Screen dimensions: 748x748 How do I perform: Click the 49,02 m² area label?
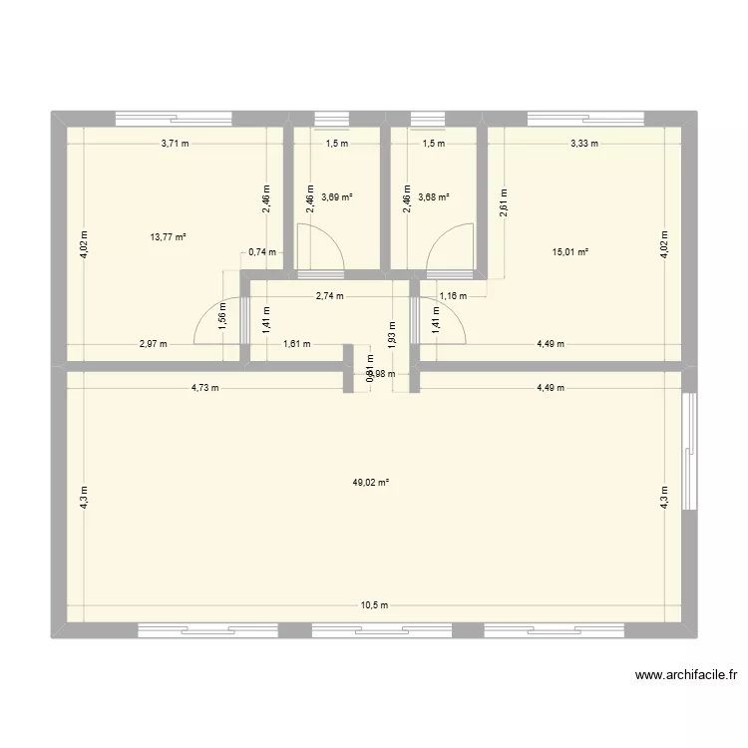coord(370,483)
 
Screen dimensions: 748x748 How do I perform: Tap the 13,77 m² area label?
coord(169,236)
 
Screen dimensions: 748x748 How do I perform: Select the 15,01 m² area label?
coord(570,251)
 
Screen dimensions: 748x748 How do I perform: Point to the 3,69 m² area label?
coord(337,197)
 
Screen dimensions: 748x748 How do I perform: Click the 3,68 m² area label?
coord(434,197)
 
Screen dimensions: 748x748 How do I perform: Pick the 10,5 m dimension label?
coord(374,605)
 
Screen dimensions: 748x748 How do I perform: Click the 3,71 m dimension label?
coord(176,144)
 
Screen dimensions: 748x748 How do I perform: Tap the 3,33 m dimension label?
coord(584,144)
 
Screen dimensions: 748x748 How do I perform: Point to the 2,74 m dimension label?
coord(329,296)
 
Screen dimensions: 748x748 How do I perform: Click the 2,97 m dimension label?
coord(153,345)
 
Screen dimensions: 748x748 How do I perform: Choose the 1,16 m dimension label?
coord(452,296)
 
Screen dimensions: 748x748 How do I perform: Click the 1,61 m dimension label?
coord(297,345)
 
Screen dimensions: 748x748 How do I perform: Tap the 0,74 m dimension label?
coord(261,251)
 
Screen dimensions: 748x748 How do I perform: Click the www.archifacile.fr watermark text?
coord(687,675)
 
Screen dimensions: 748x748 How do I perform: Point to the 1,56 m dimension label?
coord(222,314)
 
